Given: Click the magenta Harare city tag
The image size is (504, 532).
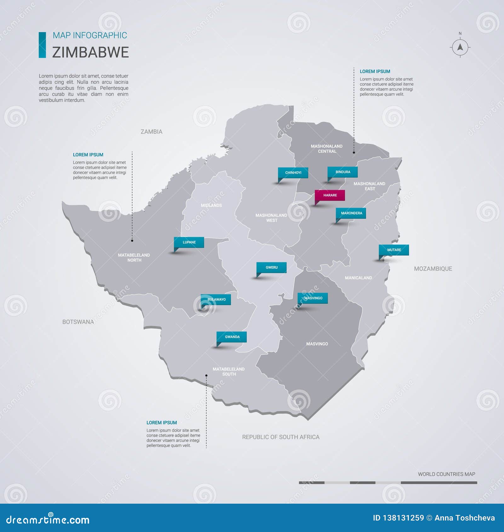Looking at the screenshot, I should tap(330, 195).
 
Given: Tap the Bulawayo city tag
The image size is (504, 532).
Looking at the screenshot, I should tap(216, 299).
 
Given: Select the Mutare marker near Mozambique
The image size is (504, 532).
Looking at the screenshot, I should tap(394, 250).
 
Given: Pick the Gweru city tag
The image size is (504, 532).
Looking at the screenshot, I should tap(272, 268).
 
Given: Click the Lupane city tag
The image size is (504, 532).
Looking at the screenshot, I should tap(189, 242).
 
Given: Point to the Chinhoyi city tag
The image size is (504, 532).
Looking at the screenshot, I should tap(293, 173).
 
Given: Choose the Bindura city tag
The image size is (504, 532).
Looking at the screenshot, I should tap(343, 172).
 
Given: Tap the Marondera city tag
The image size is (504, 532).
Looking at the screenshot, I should tap(351, 213).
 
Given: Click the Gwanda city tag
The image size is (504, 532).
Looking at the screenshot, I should tap(232, 337).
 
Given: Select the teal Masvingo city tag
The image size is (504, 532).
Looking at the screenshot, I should tap(313, 298).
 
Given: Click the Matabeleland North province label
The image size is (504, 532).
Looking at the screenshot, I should tap(134, 258).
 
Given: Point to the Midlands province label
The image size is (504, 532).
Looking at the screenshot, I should tap(211, 206).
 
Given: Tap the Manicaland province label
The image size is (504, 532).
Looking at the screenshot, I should tap(358, 278).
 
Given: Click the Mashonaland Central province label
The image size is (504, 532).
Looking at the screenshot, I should tap(327, 149).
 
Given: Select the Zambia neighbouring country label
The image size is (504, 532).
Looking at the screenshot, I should tap(152, 132).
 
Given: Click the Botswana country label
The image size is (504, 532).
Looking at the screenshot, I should tap(78, 322).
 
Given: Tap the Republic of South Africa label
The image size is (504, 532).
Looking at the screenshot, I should tap(281, 437).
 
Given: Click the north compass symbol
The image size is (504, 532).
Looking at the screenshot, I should tap(460, 47).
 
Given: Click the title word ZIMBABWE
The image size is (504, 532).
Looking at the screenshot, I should tap(90, 52).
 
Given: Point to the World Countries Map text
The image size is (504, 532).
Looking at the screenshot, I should tap(446, 474).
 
